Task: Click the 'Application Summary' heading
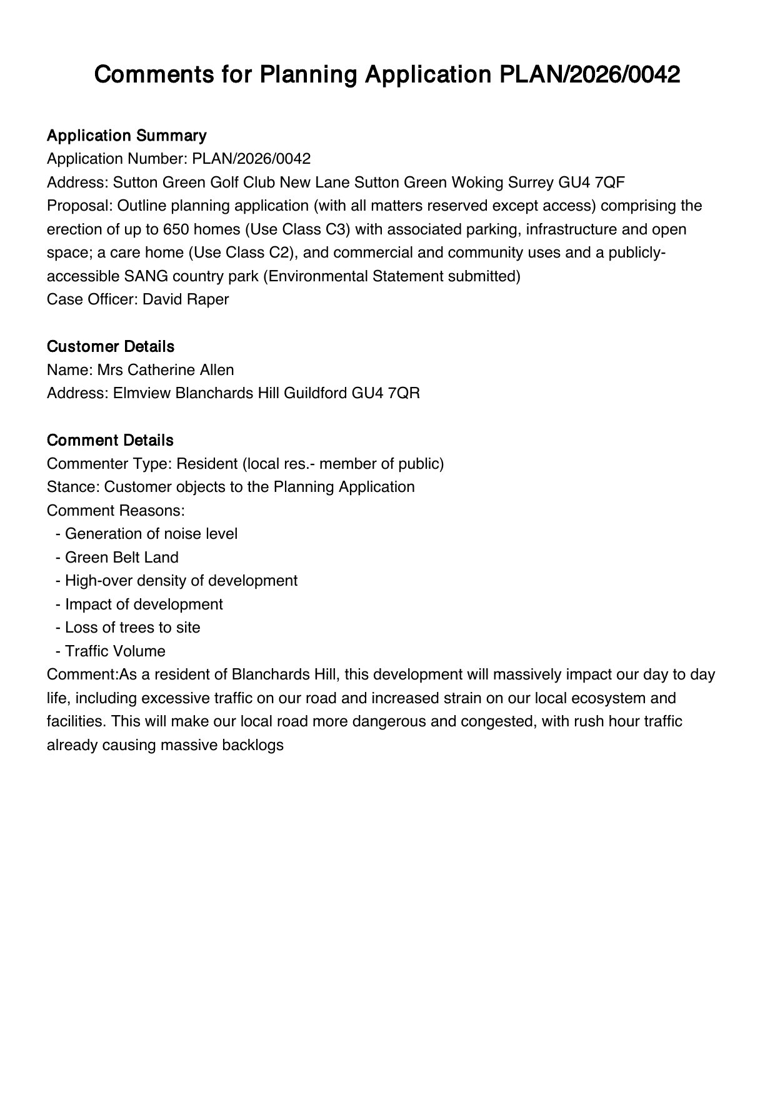point(126,136)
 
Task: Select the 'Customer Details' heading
point(110,346)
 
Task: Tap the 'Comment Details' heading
point(109,440)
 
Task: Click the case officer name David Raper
point(186,299)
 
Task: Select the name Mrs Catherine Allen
point(165,370)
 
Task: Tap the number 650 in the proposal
point(176,229)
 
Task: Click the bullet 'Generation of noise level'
point(151,534)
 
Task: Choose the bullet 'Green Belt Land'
point(121,558)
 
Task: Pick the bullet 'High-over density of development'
point(181,581)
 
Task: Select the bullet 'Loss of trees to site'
point(132,628)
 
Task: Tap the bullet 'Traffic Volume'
point(115,651)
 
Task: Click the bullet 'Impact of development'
point(144,604)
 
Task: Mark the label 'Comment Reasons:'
point(116,511)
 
